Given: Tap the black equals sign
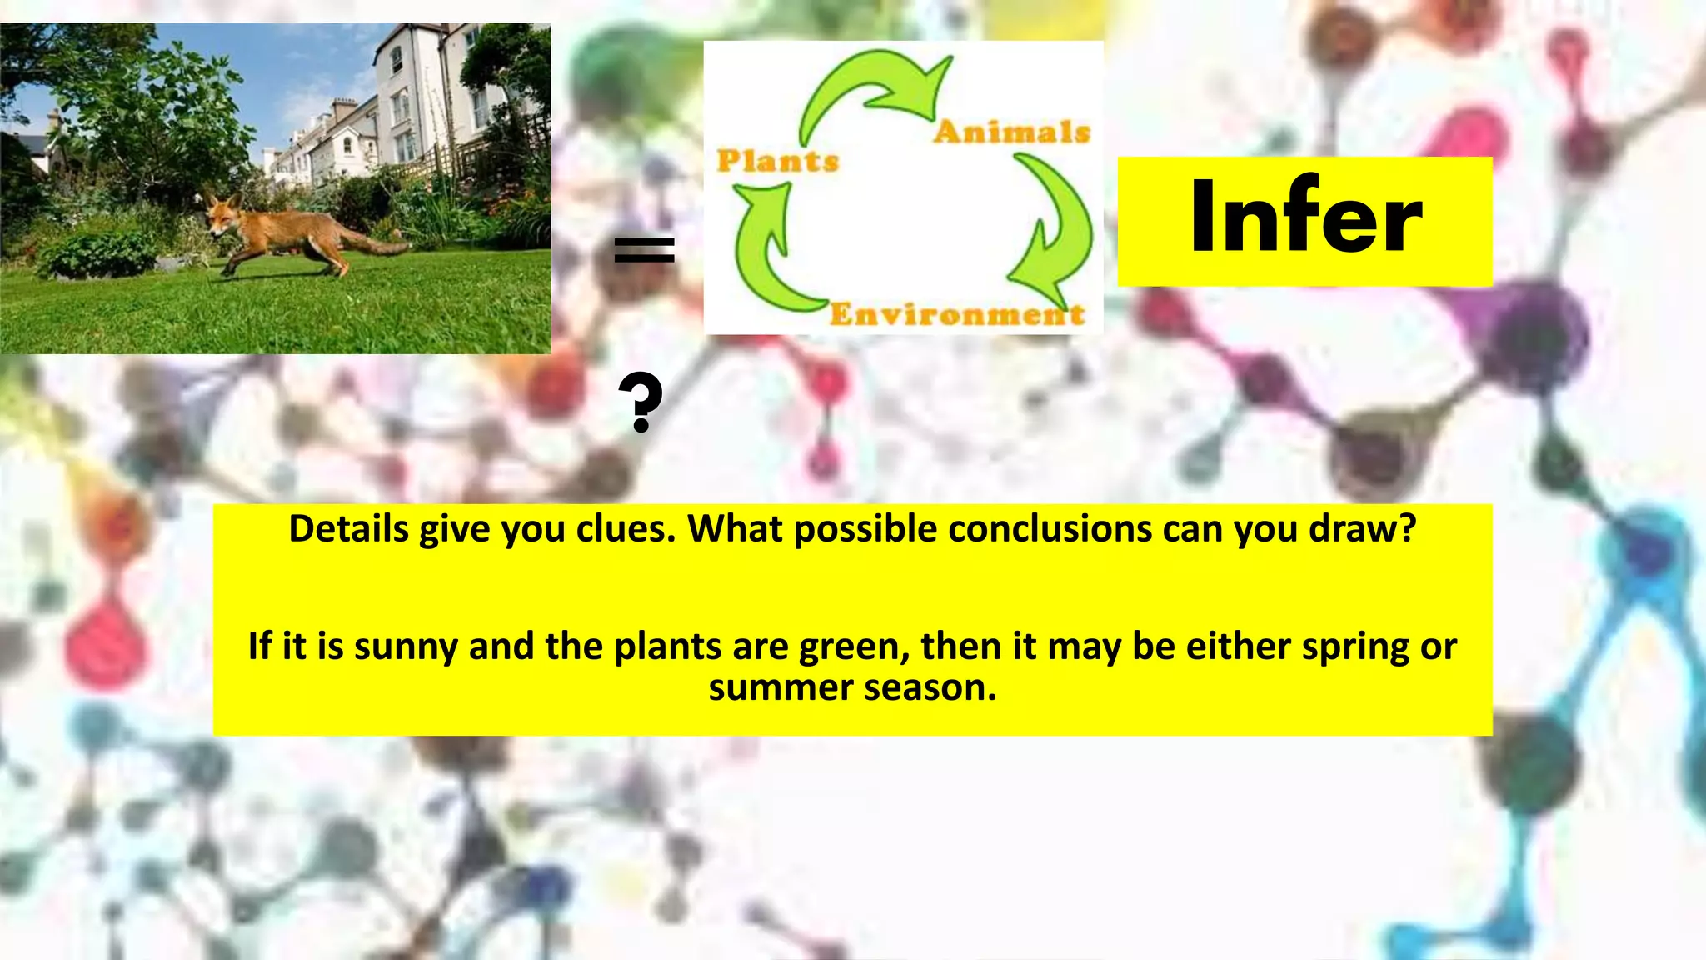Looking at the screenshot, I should click(644, 250).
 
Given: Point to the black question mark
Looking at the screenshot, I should click(641, 402).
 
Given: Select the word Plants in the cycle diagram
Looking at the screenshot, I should click(777, 161).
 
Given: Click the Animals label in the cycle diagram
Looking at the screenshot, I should click(1011, 132).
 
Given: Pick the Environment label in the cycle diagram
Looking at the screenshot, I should click(957, 314).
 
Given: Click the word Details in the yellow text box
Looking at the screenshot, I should click(348, 529).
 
